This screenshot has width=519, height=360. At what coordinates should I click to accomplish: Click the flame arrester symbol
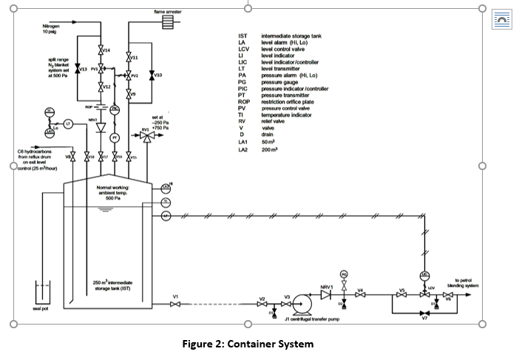pyautogui.click(x=168, y=21)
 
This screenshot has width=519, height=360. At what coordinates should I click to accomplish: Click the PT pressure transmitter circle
pyautogui.click(x=115, y=137)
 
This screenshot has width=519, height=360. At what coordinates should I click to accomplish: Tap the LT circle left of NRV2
pyautogui.click(x=68, y=123)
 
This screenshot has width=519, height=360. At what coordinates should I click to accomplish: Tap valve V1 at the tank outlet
pyautogui.click(x=175, y=303)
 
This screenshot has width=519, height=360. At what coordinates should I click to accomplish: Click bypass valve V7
pyautogui.click(x=424, y=312)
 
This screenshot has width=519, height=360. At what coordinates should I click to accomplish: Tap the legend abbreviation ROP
pyautogui.click(x=242, y=101)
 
